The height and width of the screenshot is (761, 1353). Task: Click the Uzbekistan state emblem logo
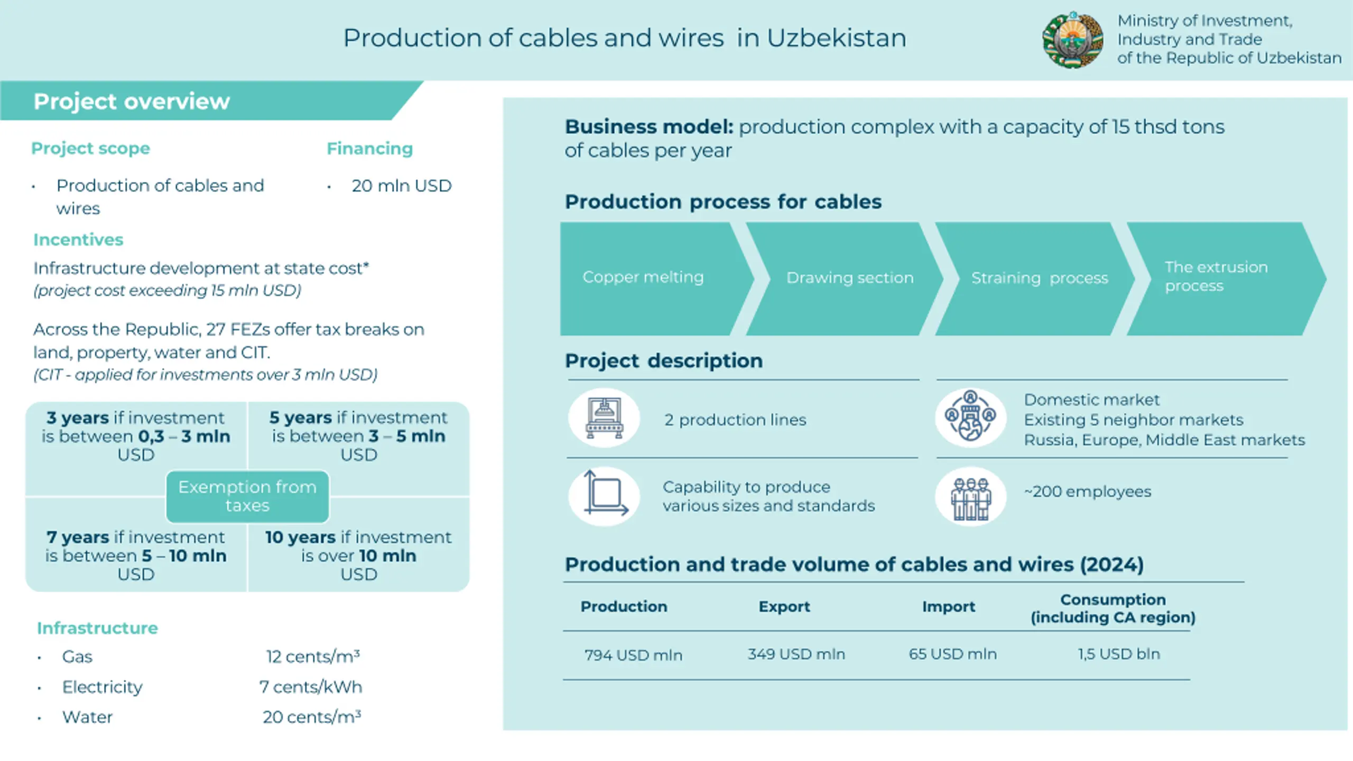(x=1072, y=40)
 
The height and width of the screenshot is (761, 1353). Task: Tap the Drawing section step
(x=845, y=279)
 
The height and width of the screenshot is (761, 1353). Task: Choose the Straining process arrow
(x=1035, y=279)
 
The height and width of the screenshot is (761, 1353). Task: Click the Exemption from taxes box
(x=247, y=496)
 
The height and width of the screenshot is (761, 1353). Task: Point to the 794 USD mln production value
(x=633, y=655)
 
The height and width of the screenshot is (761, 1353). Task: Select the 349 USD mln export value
(x=796, y=654)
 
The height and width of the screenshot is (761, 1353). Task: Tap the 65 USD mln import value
(x=953, y=654)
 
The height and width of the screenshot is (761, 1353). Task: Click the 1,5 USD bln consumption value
(x=1119, y=654)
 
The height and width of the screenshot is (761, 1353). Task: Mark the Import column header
(x=949, y=607)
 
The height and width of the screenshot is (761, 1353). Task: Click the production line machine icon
(x=604, y=418)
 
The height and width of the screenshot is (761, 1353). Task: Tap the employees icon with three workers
(x=971, y=496)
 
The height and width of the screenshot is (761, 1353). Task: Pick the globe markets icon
(x=971, y=418)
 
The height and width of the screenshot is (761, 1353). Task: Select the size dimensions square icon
(x=604, y=496)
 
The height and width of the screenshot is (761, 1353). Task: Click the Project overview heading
(x=132, y=101)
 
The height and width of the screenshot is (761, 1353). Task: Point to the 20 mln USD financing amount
(x=402, y=186)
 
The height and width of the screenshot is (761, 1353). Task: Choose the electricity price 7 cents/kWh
(x=311, y=687)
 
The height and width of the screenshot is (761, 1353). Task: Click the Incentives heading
(x=78, y=240)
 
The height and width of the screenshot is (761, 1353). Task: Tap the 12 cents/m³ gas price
(x=313, y=656)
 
